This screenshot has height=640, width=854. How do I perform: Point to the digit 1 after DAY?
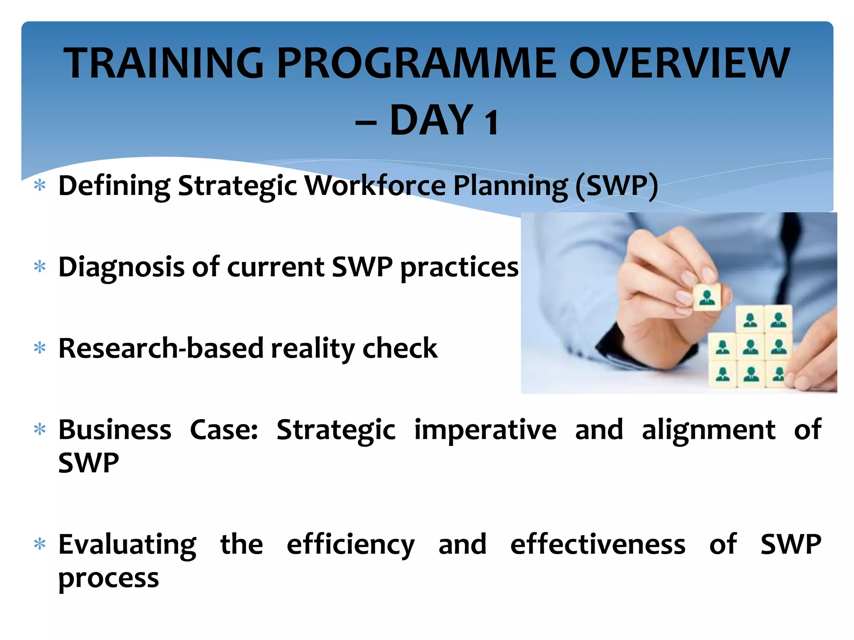click(491, 122)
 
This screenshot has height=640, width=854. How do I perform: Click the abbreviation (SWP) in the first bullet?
click(616, 185)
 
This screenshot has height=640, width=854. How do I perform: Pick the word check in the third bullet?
click(399, 348)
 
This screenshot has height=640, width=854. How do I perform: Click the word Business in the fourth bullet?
click(115, 430)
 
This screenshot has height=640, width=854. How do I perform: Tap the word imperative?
click(485, 430)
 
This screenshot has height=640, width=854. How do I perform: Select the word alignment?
click(708, 430)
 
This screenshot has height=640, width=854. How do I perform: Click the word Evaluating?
click(127, 545)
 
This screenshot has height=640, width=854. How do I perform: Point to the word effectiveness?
click(598, 545)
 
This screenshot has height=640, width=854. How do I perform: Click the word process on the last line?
click(108, 578)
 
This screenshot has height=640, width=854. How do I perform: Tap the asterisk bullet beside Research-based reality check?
click(40, 348)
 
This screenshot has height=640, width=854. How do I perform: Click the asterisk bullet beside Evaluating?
click(40, 544)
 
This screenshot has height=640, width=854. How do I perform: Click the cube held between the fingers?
click(706, 297)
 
